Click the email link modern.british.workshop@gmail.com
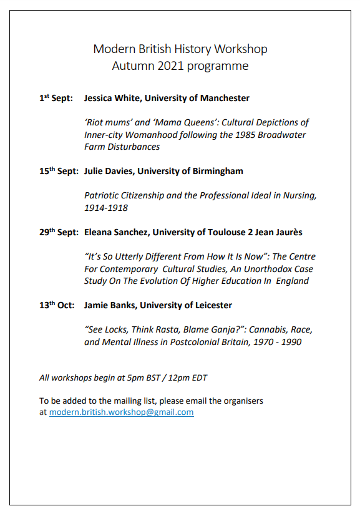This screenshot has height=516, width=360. [x=121, y=412]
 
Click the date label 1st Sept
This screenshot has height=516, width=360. [x=56, y=98]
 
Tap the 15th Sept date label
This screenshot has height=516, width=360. [x=59, y=171]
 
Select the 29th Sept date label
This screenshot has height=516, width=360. [x=59, y=232]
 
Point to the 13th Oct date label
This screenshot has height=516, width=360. [x=57, y=305]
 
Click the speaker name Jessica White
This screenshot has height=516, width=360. [x=110, y=98]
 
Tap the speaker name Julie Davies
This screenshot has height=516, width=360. [x=109, y=171]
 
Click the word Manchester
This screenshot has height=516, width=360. [x=225, y=98]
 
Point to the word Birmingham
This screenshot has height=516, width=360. [x=218, y=171]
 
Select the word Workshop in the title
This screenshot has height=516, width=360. [x=240, y=49]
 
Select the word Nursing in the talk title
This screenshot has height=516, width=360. [x=298, y=195]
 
